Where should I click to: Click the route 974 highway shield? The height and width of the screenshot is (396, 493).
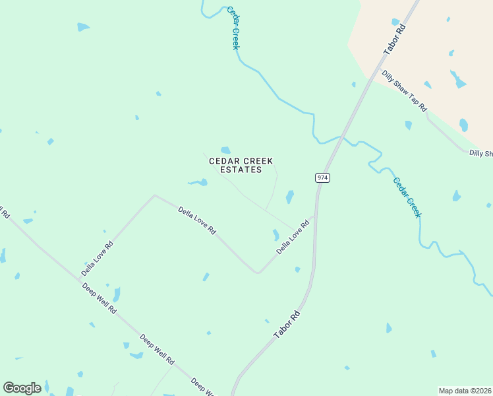pyautogui.click(x=322, y=178)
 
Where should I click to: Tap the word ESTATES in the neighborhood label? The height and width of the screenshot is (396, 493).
pyautogui.click(x=241, y=170)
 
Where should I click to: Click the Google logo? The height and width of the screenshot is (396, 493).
pyautogui.click(x=22, y=388)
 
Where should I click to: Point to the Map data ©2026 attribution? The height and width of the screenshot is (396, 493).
pyautogui.click(x=465, y=391)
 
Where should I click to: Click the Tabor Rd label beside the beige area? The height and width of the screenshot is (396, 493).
pyautogui.click(x=394, y=41)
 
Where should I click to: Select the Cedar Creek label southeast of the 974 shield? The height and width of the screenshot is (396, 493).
pyautogui.click(x=407, y=197)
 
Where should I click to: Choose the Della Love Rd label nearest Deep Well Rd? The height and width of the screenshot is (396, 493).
pyautogui.click(x=97, y=258)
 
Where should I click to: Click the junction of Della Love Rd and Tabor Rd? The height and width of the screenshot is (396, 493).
pyautogui.click(x=314, y=216)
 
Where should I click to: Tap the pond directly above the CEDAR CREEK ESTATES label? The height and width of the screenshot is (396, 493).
pyautogui.click(x=225, y=150)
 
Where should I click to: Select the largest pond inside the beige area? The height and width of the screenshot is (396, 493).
pyautogui.click(x=457, y=80)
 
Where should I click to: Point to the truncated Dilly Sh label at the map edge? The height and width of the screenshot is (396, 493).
pyautogui.click(x=480, y=154)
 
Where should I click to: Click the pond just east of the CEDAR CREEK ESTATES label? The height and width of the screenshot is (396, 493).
pyautogui.click(x=289, y=196)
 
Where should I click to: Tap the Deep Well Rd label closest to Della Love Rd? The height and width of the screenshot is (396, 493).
pyautogui.click(x=100, y=298)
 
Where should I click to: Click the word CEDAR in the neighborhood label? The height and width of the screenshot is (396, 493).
pyautogui.click(x=223, y=161)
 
